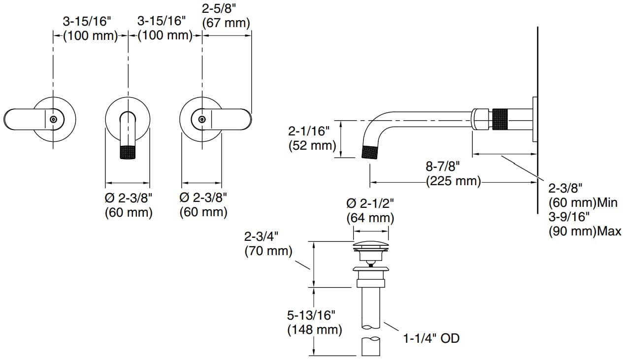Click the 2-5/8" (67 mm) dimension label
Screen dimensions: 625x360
coord(226,16)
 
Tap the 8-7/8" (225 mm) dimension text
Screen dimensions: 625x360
coord(454,173)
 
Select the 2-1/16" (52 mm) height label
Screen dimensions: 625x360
coord(312,138)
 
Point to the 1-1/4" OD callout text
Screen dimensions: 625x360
coord(431,338)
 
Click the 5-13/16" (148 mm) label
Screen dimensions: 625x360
coord(314,323)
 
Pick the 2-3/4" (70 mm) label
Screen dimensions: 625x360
coord(268,244)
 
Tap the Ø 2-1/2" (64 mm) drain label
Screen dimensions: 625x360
coord(370,211)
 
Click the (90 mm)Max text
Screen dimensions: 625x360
coord(585,231)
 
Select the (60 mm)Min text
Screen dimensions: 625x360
coord(583,202)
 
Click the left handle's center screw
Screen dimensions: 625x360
coord(53,120)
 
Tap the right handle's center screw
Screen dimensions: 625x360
coord(202,120)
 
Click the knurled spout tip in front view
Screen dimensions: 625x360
coord(128,152)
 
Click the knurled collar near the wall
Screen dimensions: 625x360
coord(501,119)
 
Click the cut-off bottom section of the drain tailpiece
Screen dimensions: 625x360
coord(371,346)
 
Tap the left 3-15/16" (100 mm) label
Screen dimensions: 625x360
coord(91,29)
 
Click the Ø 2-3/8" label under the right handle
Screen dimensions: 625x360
coord(203,205)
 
